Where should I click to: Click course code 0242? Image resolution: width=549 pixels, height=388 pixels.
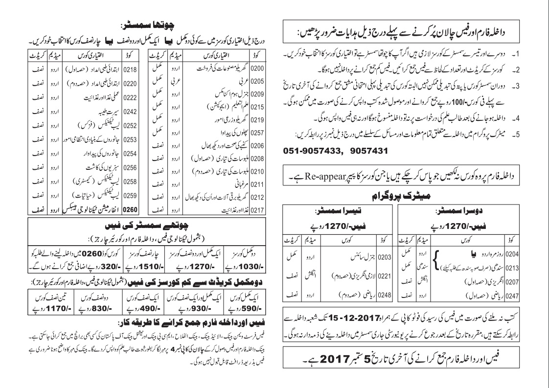click(x=130, y=111)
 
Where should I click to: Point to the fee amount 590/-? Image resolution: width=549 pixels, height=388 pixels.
click(x=239, y=310)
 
